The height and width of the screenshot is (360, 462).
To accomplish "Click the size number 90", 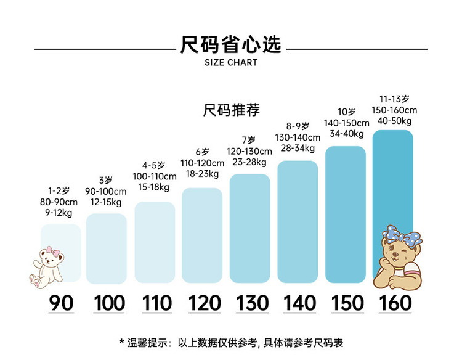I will [60, 303].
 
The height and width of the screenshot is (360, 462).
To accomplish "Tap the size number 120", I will [204, 303].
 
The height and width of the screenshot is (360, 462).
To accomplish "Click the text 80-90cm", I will [59, 202].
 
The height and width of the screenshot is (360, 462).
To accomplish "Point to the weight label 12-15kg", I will [107, 202].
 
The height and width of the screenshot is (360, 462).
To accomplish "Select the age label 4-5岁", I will [154, 165].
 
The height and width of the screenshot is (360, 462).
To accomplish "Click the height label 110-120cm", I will [202, 163].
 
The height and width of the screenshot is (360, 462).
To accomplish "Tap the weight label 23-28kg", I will [249, 162].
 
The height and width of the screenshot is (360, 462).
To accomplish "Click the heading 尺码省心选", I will [231, 44].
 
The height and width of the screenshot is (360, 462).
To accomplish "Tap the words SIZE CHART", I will [231, 63].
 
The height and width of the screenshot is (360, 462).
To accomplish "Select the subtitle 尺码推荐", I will [231, 110].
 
